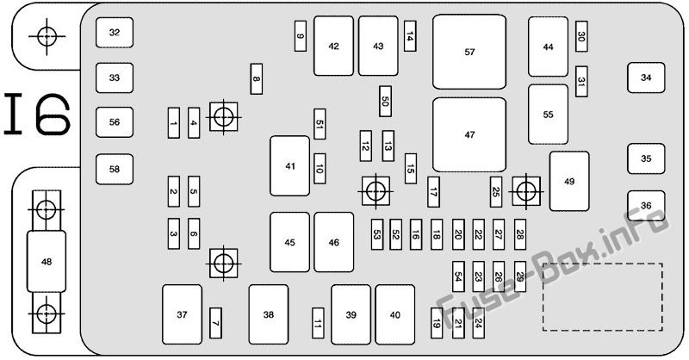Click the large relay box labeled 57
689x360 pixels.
pos(469,52)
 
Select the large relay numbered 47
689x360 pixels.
pos(469,134)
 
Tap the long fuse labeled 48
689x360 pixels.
pos(46,261)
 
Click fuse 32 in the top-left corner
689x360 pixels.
pos(114,33)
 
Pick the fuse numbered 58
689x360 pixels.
pos(114,169)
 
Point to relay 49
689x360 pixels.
pos(568,181)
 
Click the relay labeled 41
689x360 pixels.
pos(289,166)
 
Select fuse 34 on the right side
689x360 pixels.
pos(646,78)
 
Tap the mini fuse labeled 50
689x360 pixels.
pos(385,102)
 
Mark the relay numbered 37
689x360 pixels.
pos(182,315)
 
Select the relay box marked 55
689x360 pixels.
pos(548,114)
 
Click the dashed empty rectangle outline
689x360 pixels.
pos(602,295)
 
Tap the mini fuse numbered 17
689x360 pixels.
pos(433,191)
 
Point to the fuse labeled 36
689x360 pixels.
pos(646,205)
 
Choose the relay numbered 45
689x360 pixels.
pos(289,242)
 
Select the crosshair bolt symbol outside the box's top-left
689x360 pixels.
pos(46,35)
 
